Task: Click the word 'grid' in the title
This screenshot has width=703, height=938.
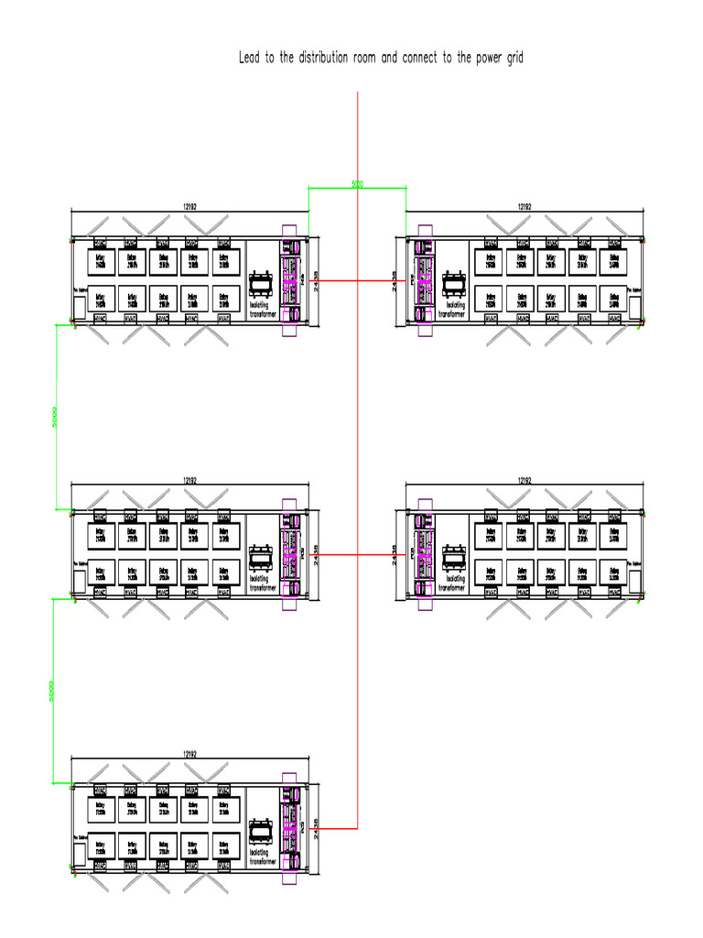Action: [x=513, y=58]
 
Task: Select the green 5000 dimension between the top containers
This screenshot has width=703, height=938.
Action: [x=357, y=185]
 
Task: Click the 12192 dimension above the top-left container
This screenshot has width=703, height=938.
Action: [x=189, y=208]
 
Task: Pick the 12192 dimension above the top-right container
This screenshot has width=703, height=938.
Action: [x=525, y=208]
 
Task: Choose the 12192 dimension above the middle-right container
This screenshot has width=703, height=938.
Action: [x=525, y=479]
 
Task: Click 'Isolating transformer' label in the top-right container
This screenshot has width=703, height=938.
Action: [x=453, y=309]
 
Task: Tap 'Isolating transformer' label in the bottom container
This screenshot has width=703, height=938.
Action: [x=262, y=856]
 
